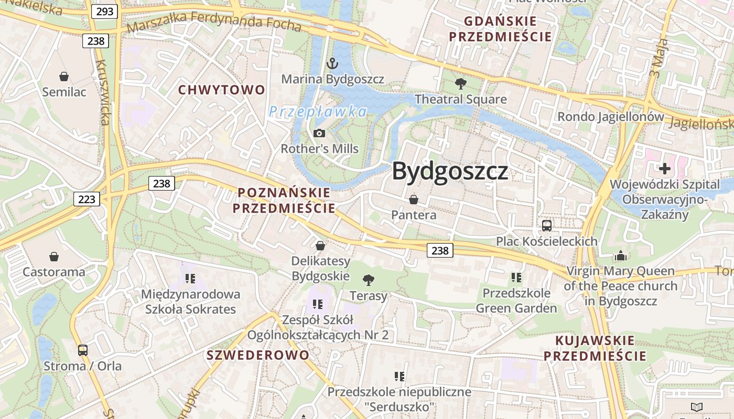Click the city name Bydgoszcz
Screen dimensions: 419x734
tap(450, 171)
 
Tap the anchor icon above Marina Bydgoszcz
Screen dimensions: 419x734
tap(332, 64)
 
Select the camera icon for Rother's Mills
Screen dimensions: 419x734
tap(319, 134)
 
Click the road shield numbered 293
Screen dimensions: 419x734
tap(104, 11)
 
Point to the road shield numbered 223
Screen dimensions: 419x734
tap(87, 199)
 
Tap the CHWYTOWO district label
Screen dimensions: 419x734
tap(222, 90)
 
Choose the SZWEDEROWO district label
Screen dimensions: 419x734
tap(258, 355)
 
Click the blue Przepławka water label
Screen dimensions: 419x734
tap(318, 112)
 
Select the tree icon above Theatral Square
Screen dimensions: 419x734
tap(461, 83)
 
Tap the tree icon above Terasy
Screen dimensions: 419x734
tap(369, 280)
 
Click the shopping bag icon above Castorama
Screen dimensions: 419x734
tap(53, 256)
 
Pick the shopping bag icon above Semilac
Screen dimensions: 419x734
tap(64, 76)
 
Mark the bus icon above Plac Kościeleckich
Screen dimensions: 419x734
tap(547, 226)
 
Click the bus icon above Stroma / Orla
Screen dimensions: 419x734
tap(82, 350)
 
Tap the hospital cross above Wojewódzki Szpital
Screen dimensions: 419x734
tap(665, 169)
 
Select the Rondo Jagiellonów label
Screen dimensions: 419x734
tap(610, 116)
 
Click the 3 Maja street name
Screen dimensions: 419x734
tap(659, 58)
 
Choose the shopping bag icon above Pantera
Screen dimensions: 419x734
tap(414, 200)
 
